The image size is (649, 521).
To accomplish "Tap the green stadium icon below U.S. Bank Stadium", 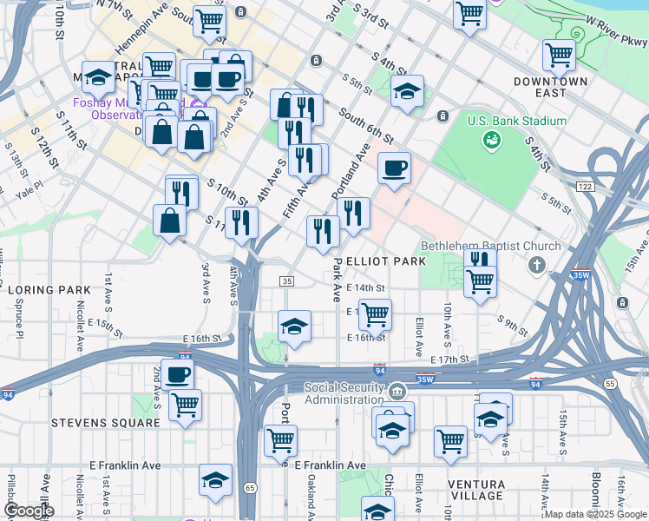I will [491, 138].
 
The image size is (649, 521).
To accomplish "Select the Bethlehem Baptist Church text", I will [479, 246].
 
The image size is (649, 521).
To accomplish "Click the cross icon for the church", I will [537, 264].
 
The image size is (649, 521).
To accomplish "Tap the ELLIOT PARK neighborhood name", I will [385, 260].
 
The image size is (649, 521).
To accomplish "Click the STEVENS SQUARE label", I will [106, 423].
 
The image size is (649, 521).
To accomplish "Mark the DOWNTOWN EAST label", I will [552, 87].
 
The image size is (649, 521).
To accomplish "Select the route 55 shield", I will [611, 383].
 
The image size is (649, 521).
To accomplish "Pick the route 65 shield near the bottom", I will [249, 489].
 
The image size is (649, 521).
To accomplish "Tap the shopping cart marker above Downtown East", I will [559, 56].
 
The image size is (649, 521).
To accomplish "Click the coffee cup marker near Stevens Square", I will [178, 375].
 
